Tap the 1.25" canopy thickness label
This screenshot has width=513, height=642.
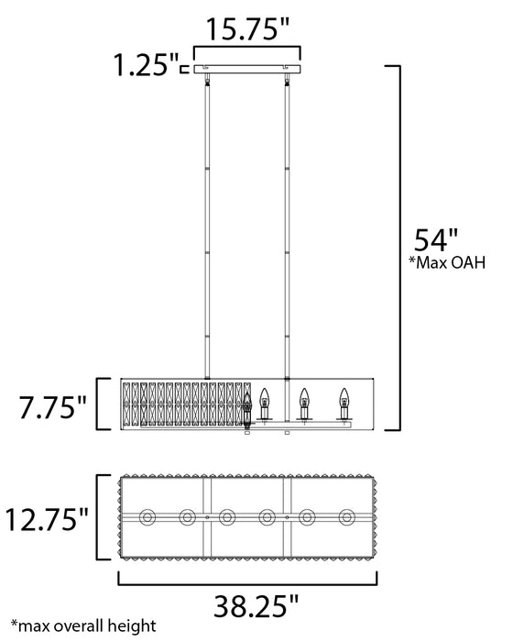(x=144, y=66)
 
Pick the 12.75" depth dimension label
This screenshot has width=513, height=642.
(x=45, y=520)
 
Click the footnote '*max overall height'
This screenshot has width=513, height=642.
(x=77, y=627)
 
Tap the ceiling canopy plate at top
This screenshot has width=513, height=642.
(x=247, y=69)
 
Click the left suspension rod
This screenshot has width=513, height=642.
(x=208, y=225)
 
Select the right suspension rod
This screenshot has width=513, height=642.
(x=288, y=225)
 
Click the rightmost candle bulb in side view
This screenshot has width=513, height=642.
(x=344, y=400)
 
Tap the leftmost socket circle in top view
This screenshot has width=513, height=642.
(x=147, y=518)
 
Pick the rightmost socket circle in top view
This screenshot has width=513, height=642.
(x=347, y=518)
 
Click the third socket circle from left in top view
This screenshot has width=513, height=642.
(x=227, y=518)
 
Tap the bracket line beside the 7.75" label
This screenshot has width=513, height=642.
(x=98, y=404)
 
